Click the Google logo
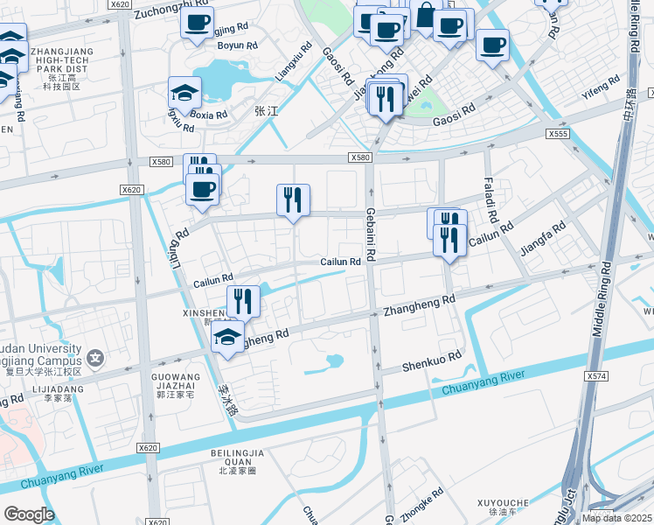coord(29,514)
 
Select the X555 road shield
coord(558,134)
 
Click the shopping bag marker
coord(425,17)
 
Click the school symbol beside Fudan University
coord(95,357)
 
